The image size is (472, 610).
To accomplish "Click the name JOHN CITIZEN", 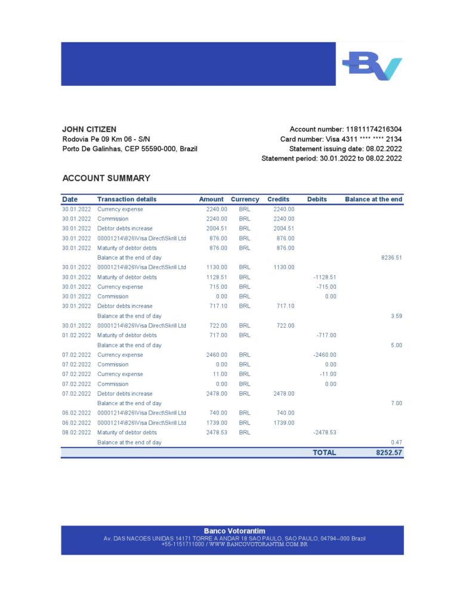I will point(89,129).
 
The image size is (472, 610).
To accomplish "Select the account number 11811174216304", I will point(374,129).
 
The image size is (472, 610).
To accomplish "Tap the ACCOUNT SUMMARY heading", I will point(106,178).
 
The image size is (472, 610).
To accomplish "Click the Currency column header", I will point(245,200).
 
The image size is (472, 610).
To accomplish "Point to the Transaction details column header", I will point(127,200).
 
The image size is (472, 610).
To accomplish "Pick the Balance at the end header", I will point(374,200).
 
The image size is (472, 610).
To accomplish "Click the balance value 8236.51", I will point(391,258).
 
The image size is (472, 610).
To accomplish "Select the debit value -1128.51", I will point(325,277).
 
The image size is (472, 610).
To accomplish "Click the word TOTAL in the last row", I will point(324,453).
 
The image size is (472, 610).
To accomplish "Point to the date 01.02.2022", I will point(76,335).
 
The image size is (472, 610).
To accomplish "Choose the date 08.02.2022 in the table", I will point(76,432).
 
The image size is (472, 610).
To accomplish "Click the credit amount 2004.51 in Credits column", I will point(283,229).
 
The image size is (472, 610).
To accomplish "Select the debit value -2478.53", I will point(325,432).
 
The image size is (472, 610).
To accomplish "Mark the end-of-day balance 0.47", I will point(396,443).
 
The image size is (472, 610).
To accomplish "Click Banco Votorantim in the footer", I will point(235,531).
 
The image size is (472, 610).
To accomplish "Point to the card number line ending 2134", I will point(341,139).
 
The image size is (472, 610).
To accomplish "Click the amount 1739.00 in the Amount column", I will point(217,423).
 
